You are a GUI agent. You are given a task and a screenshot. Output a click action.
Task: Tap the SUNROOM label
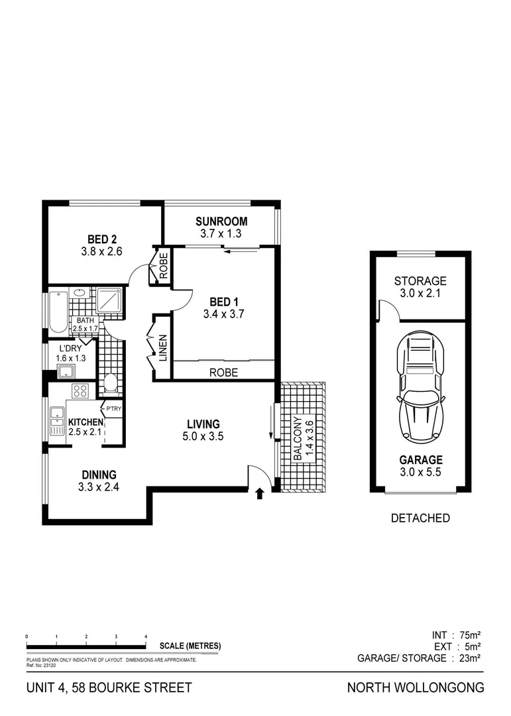pos(221,221)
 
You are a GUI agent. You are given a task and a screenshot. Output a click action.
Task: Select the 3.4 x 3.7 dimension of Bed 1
pos(224,315)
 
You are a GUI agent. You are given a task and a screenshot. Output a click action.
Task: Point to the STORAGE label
pos(420,281)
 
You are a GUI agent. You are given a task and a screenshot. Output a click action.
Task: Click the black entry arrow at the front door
pos(260,493)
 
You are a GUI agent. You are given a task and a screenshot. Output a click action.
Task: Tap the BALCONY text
pos(299,438)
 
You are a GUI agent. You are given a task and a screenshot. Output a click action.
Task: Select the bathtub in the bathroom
pos(58,311)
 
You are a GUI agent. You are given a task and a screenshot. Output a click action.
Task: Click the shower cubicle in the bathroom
pos(109,300)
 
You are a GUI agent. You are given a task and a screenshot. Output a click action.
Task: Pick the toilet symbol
pos(111,383)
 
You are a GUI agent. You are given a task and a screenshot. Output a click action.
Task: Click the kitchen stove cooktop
pos(80,391)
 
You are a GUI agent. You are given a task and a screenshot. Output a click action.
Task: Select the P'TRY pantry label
pos(113,408)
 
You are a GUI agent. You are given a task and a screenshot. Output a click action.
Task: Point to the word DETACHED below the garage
pos(420,518)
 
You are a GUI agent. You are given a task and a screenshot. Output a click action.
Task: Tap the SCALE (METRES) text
pos(190,646)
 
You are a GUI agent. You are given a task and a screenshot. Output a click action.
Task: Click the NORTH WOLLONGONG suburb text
pos(416,687)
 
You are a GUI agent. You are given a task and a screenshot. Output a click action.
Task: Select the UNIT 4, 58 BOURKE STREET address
pos(109,687)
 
